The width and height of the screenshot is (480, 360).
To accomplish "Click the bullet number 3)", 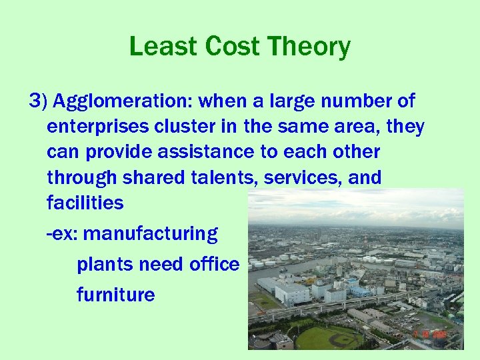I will (38, 101).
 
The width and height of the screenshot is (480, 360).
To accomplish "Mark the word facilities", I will (85, 203).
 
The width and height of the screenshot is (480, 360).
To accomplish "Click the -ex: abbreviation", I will (63, 234).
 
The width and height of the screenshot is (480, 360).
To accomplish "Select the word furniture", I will (116, 295).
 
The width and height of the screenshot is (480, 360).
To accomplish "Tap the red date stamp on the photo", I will (429, 333).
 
